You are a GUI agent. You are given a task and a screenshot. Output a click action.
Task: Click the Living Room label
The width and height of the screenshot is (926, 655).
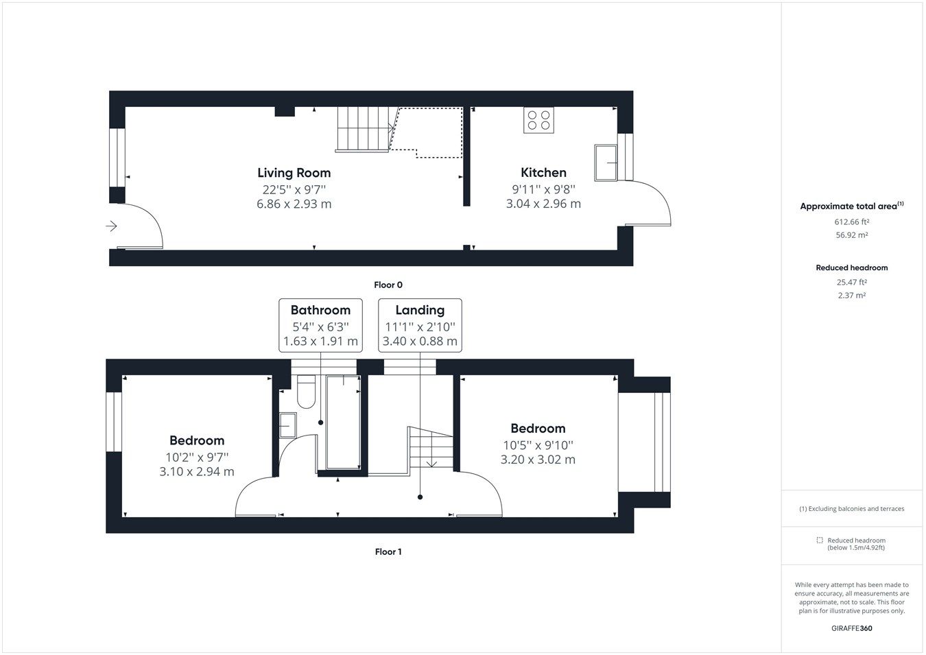(294, 173)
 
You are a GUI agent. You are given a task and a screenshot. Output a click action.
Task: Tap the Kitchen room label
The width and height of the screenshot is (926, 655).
(543, 173)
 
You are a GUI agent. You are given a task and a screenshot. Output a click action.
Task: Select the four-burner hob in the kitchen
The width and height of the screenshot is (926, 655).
(538, 120)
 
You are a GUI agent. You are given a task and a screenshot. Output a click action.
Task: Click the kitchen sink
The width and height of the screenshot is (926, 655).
(606, 163)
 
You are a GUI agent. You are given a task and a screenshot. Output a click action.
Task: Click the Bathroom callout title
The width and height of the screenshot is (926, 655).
(320, 310)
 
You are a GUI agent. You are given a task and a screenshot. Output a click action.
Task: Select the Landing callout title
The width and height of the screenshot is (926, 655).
(420, 310)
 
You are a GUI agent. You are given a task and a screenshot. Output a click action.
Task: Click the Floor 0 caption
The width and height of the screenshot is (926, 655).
(388, 285)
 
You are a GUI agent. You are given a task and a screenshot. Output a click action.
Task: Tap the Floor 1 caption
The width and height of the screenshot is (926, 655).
(388, 551)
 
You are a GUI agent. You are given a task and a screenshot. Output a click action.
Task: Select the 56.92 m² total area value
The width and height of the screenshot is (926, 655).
(851, 235)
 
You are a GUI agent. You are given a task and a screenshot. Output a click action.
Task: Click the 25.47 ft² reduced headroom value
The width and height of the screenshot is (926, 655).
(851, 282)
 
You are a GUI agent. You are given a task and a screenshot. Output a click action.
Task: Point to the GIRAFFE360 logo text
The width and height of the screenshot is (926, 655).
(852, 628)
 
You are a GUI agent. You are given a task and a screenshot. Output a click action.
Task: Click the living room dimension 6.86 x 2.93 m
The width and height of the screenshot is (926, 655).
(294, 204)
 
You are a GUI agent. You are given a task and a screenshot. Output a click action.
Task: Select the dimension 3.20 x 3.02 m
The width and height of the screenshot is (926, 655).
(538, 460)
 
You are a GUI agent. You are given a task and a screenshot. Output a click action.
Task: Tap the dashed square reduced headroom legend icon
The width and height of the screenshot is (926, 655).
(819, 540)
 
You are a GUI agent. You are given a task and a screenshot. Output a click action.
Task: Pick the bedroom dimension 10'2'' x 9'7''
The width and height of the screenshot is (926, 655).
(197, 456)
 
